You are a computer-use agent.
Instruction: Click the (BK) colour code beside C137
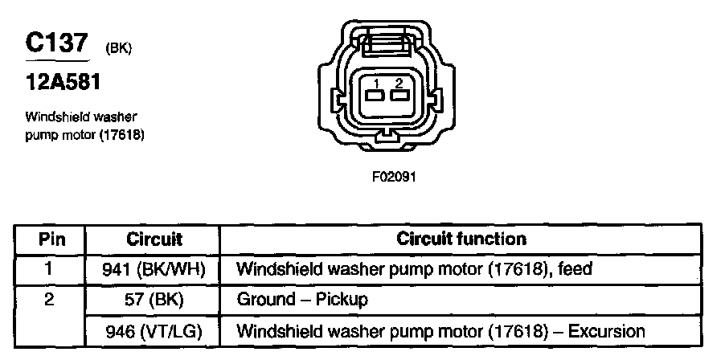pos(118,50)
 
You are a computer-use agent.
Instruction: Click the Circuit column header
pos(154,239)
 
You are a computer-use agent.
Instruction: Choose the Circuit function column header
pos(461,239)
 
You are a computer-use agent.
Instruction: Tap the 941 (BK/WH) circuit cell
pos(154,269)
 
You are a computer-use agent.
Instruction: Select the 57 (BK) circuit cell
pos(154,301)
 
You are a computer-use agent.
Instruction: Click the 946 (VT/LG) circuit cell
pos(154,331)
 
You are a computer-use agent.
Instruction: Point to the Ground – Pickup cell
pos(301,301)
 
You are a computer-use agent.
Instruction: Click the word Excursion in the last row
pos(605,331)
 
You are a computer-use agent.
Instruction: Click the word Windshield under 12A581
pos(51,118)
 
